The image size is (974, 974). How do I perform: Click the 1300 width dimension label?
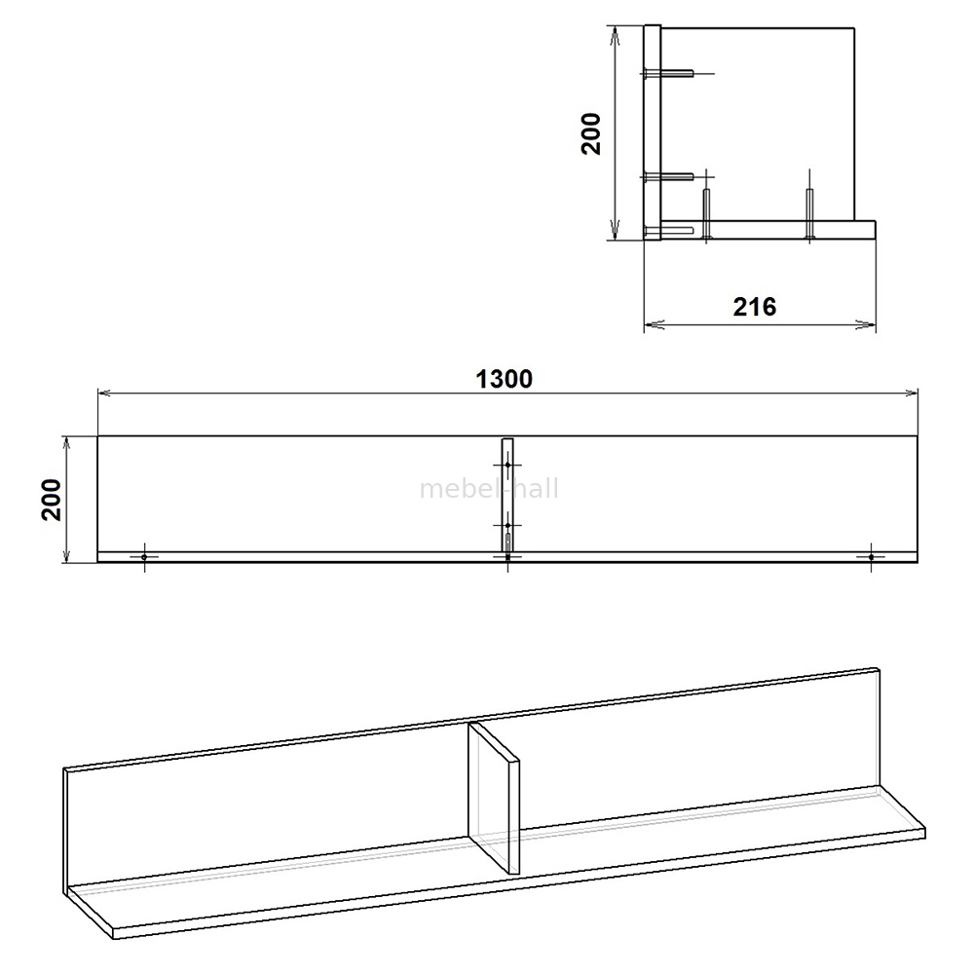[504, 379]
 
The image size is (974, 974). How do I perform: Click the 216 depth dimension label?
[755, 307]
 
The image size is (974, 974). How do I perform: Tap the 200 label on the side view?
[591, 133]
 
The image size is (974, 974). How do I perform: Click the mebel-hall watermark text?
[489, 489]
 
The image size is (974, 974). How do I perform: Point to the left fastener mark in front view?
[144, 557]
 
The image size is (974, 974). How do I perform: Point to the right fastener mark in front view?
[871, 557]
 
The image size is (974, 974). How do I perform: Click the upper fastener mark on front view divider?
[508, 465]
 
